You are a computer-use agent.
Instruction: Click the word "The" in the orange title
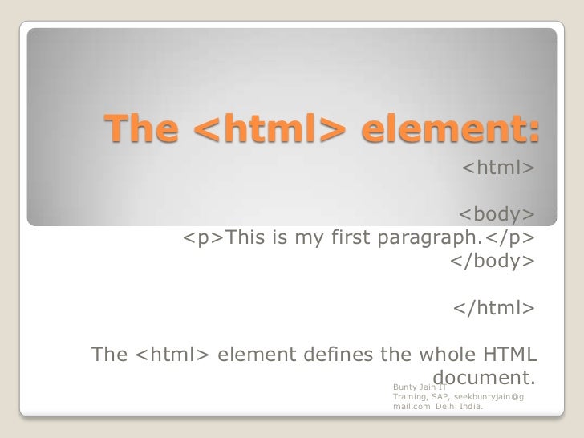(x=141, y=129)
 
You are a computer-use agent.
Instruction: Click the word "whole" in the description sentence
(x=436, y=355)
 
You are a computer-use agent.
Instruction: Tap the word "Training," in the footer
(x=411, y=397)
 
